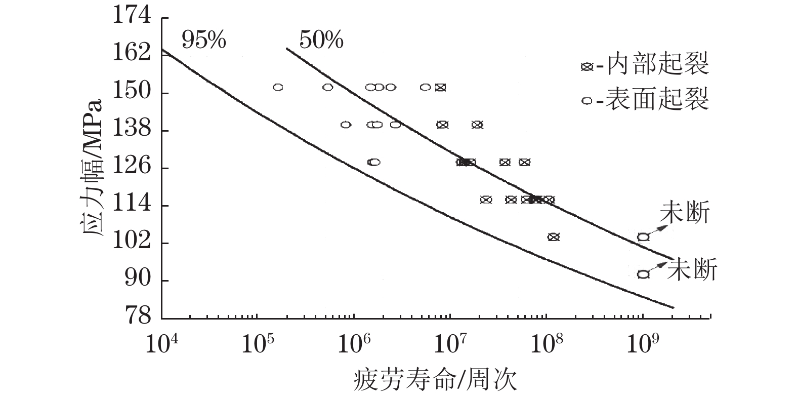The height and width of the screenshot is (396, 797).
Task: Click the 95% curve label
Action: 203,40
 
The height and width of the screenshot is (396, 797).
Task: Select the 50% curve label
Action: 321,40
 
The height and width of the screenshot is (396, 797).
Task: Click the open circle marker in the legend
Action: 587,101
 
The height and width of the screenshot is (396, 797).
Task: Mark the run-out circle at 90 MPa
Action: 643,274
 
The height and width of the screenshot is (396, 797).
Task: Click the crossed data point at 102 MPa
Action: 553,237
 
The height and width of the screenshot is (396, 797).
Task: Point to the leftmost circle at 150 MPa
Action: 278,87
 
